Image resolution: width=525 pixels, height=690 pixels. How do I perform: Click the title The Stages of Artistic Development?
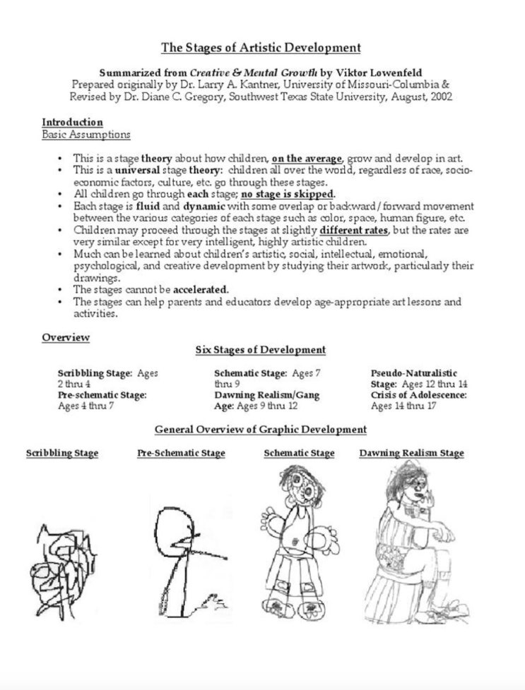click(x=261, y=48)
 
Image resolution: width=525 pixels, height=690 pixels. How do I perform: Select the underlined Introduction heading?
click(x=72, y=122)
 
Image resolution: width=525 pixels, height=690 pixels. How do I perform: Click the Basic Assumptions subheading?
click(x=85, y=134)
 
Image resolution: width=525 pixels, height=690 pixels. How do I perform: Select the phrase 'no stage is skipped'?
click(x=288, y=194)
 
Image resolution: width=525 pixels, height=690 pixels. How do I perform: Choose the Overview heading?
click(x=66, y=337)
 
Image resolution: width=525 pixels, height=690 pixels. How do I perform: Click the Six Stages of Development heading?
click(x=261, y=350)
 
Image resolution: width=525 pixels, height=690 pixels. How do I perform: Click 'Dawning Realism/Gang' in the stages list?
click(x=266, y=395)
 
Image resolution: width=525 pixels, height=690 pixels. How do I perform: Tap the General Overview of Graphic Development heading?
click(x=261, y=429)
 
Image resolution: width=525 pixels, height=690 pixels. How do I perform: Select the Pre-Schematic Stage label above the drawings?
click(x=181, y=453)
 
